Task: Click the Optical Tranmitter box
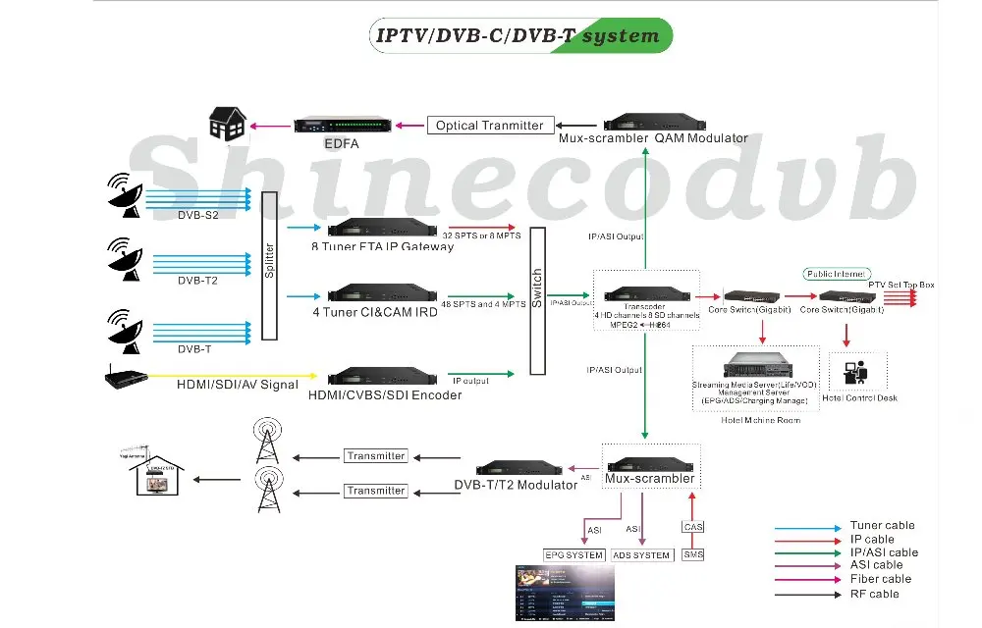(490, 126)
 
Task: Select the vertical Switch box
(537, 301)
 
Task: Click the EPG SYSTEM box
(573, 555)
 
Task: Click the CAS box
(692, 527)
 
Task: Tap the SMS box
(692, 555)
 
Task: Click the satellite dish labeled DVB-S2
(125, 194)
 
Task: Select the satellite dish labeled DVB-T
(125, 328)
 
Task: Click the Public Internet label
(836, 274)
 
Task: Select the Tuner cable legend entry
(882, 526)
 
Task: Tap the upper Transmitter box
(376, 456)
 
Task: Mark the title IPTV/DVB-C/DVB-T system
(518, 36)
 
